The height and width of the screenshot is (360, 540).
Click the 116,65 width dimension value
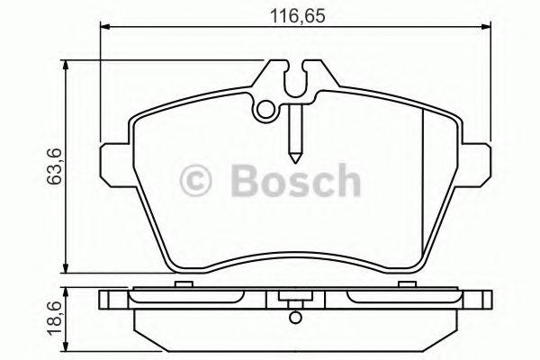[x=293, y=13]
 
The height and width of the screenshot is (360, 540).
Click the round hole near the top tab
[x=265, y=110]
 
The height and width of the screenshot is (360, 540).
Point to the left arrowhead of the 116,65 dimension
[x=103, y=30]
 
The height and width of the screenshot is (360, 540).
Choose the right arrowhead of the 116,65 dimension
[x=486, y=30]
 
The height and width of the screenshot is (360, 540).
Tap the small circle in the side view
[x=292, y=315]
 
